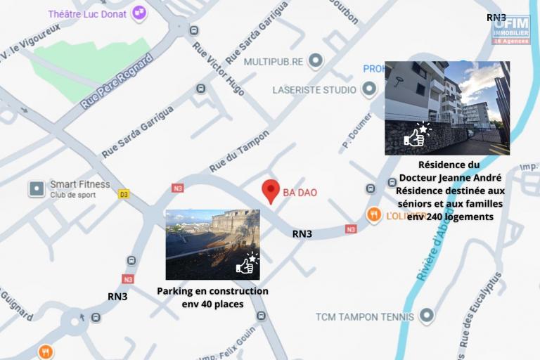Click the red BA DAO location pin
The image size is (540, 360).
(271, 191)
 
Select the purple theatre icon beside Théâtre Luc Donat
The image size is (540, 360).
(140, 12)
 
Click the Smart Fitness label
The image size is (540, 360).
(79, 185)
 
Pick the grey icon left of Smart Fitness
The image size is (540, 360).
(37, 188)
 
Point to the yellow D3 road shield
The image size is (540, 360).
(124, 193)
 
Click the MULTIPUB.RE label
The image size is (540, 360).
(274, 62)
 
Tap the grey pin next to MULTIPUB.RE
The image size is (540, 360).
(316, 61)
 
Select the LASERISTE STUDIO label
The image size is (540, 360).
(314, 90)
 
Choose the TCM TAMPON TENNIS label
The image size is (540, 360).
(364, 316)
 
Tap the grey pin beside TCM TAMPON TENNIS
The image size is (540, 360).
(426, 316)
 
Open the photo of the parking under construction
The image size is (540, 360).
(212, 244)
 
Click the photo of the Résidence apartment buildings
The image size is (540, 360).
(446, 108)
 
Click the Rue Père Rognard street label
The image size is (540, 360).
(117, 82)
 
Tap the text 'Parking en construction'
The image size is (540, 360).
(212, 291)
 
